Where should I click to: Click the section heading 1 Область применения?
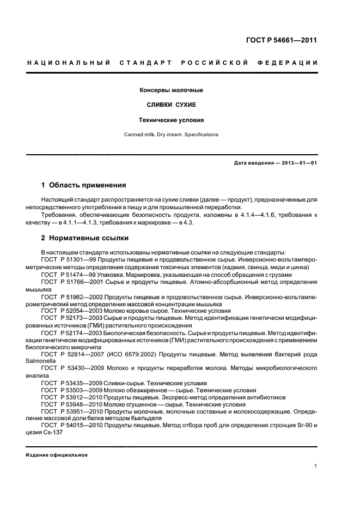point(84,185)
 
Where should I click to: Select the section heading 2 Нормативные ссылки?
point(86,238)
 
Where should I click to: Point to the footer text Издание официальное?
point(57,455)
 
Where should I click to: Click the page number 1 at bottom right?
point(316,465)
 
